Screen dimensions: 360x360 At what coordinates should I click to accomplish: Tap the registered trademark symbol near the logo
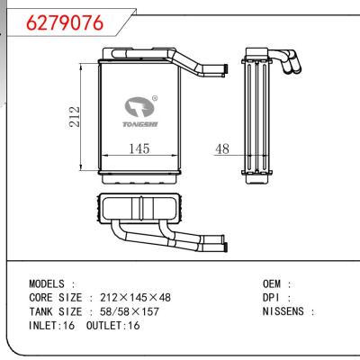tap(155, 100)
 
